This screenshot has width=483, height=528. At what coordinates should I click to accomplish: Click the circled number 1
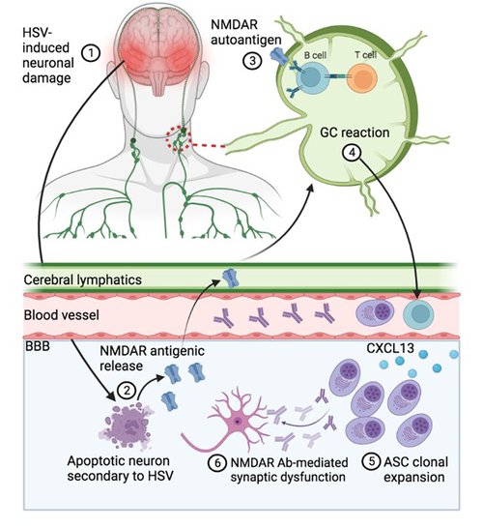click(91, 53)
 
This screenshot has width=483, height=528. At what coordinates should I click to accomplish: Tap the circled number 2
click(127, 391)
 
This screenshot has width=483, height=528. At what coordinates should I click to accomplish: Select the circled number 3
click(252, 61)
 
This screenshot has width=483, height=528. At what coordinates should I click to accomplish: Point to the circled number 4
click(352, 153)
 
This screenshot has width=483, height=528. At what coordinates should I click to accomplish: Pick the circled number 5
click(372, 461)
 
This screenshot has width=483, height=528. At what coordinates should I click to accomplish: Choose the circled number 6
click(217, 463)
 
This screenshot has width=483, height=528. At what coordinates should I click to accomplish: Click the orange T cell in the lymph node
click(362, 77)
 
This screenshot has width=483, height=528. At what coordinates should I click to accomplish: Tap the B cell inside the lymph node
click(311, 77)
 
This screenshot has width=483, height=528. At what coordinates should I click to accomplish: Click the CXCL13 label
click(390, 348)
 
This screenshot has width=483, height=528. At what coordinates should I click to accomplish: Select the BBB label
click(38, 346)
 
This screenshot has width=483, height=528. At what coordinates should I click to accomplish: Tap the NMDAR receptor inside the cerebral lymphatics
click(231, 278)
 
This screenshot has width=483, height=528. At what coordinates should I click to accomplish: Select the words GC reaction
click(355, 132)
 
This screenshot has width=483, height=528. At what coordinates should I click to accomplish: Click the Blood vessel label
click(62, 315)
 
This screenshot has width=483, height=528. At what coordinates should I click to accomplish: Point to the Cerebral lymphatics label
click(83, 279)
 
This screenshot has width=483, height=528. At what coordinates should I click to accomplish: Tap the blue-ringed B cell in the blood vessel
click(418, 314)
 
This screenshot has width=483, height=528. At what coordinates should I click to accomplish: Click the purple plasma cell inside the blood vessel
click(375, 312)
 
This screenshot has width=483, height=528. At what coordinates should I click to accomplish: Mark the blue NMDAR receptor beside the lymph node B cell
click(279, 56)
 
